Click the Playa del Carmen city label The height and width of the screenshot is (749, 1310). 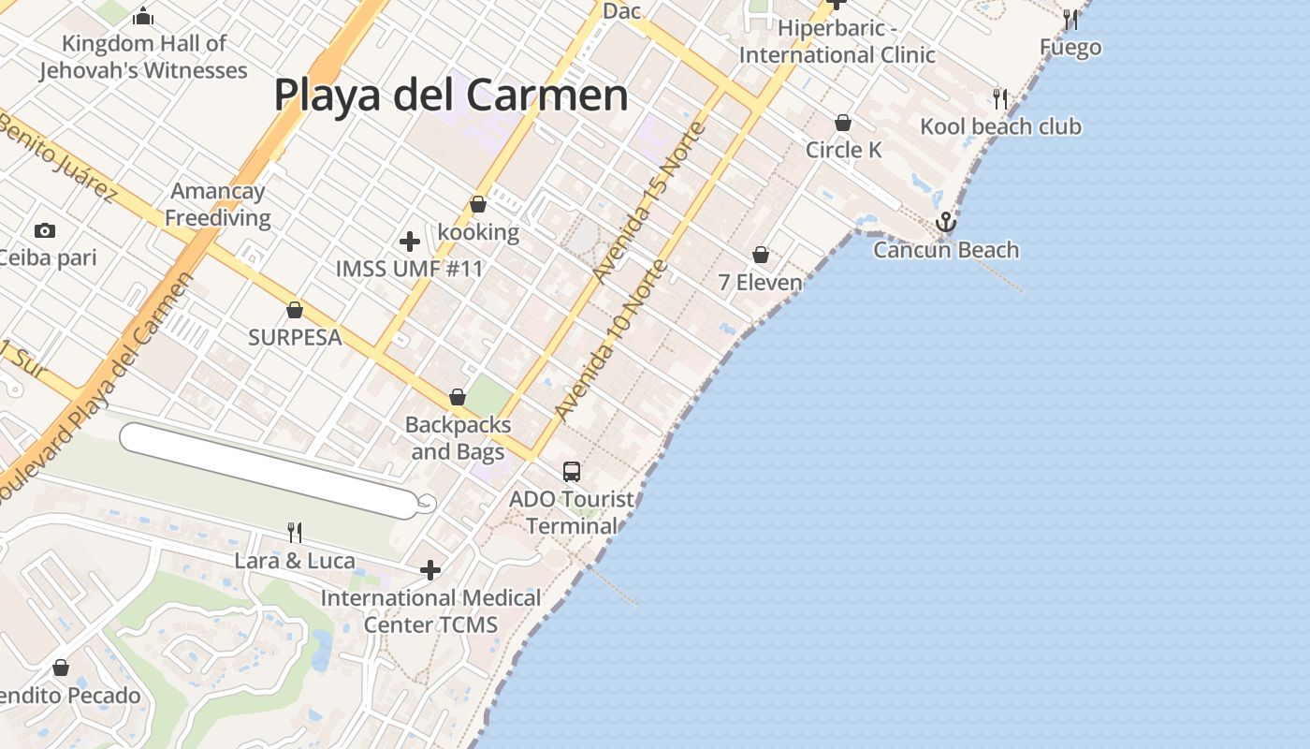[x=450, y=95]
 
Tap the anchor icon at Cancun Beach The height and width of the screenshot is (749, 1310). [x=946, y=223]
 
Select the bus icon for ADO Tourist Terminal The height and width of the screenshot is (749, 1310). [x=572, y=472]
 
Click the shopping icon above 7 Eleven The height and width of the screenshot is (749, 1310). [x=761, y=255]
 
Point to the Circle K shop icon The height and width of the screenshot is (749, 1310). [x=843, y=123]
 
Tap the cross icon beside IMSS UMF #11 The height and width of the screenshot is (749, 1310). [x=409, y=242]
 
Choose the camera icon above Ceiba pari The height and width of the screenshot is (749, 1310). [x=44, y=230]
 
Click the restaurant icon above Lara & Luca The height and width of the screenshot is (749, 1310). [x=295, y=533]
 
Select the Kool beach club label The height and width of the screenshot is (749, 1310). [x=1000, y=126]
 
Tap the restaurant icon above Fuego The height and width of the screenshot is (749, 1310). [x=1070, y=19]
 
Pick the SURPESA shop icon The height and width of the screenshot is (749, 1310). [x=295, y=310]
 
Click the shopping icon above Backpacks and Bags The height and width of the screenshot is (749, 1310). [x=458, y=397]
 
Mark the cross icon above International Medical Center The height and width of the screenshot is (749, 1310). [x=430, y=569]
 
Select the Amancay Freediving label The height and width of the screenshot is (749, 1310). [x=217, y=205]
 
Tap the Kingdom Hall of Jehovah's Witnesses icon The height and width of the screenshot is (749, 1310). [x=143, y=16]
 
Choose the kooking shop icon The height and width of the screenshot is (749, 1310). [x=478, y=204]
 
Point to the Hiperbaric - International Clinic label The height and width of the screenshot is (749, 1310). [x=837, y=42]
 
